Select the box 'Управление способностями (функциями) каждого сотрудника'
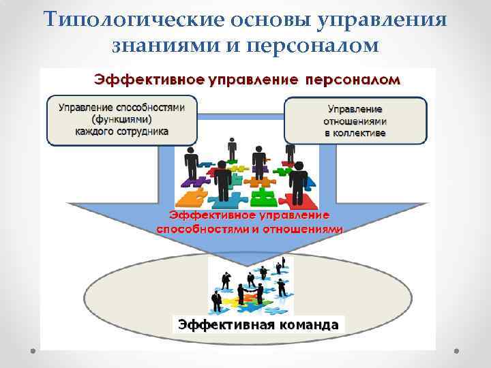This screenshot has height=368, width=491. tap(122, 119)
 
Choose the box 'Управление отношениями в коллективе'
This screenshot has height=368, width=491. tap(355, 121)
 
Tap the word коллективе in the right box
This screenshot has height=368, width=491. tap(355, 133)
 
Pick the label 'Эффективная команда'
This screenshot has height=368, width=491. tap(258, 324)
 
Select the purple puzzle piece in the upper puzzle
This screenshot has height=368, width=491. tap(192, 182)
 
